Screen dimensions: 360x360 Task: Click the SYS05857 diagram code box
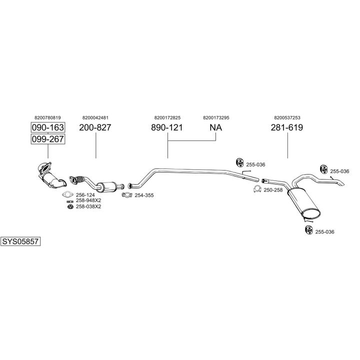coord(20,241)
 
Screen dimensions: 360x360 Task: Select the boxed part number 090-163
coord(48,127)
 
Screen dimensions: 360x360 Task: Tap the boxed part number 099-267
coord(48,139)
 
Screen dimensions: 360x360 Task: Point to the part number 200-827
coord(95,127)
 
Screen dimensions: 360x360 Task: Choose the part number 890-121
coord(166,127)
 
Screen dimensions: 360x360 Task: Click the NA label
coord(215,127)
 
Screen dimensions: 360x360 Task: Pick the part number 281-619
coord(287,127)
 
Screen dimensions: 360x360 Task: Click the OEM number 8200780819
coord(47,117)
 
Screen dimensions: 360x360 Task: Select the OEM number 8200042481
coord(95,117)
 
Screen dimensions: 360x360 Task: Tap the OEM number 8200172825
coord(167,117)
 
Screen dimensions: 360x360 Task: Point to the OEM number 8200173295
coord(216,117)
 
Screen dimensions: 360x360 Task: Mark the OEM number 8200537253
coord(287,117)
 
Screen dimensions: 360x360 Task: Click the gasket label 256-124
coord(85,195)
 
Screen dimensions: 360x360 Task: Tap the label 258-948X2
coord(88,200)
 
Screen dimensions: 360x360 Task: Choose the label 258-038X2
coord(88,206)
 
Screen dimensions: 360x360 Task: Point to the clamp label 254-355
coord(144,195)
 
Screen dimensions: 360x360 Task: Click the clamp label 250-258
coord(273,190)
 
